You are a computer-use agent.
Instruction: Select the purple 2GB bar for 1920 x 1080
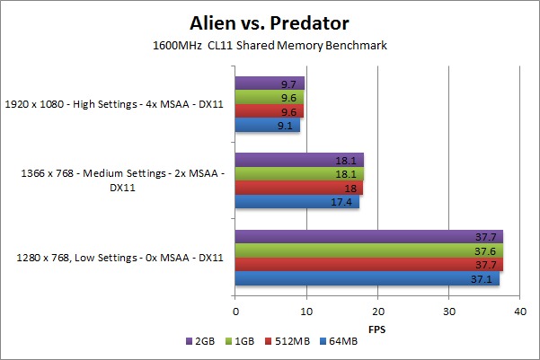point(270,83)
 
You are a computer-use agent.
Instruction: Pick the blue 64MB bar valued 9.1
point(268,127)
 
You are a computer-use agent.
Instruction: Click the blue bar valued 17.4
point(297,203)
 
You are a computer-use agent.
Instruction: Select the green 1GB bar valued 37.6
point(368,251)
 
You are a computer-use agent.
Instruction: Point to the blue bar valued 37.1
point(367,280)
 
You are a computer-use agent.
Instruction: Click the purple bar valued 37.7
point(369,237)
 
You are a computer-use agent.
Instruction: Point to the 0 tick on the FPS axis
point(235,311)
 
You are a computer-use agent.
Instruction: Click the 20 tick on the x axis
point(377,311)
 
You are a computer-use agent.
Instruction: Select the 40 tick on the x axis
point(519,311)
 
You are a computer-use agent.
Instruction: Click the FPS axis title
point(377,329)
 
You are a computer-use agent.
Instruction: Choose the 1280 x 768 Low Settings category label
point(120,259)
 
